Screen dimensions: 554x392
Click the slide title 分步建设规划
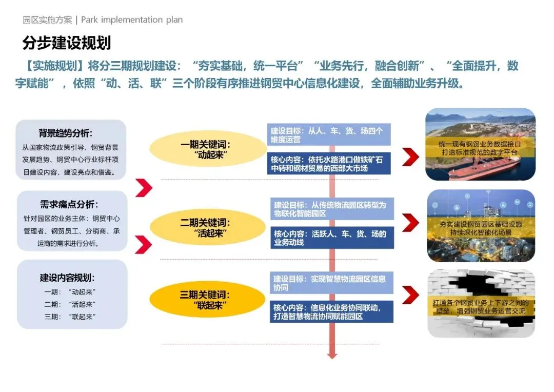tap(67, 43)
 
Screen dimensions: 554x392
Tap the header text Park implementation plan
tap(132, 20)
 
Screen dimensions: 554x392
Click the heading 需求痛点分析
tap(69, 205)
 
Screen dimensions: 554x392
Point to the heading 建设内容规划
tap(67, 278)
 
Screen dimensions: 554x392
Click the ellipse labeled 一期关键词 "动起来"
tap(208, 149)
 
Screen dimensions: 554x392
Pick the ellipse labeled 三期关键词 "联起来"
tap(208, 300)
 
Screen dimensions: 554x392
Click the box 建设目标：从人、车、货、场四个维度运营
tap(328, 134)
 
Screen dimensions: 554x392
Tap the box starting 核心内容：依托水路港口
tap(328, 163)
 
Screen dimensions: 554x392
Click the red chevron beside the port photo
tap(410, 156)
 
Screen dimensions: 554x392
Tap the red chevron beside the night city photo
tap(410, 223)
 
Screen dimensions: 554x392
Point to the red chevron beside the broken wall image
tap(410, 295)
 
